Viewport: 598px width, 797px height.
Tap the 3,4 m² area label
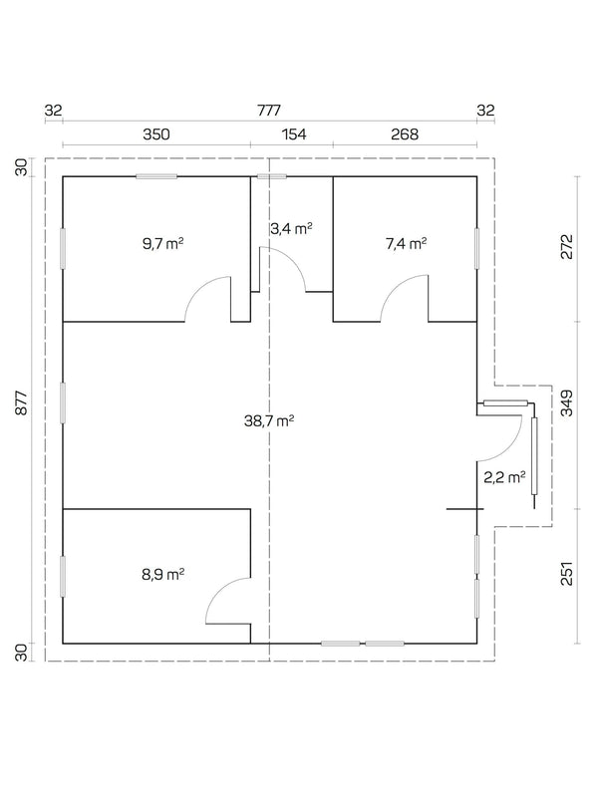click(x=291, y=228)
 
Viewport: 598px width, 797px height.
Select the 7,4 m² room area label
click(x=406, y=242)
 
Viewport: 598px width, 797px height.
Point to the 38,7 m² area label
click(x=269, y=421)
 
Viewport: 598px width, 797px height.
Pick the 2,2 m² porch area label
click(x=502, y=477)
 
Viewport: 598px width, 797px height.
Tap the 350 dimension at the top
click(x=156, y=133)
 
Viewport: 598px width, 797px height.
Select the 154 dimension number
click(x=291, y=133)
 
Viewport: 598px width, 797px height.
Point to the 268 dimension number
click(x=404, y=133)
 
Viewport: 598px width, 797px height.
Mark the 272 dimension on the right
click(x=567, y=247)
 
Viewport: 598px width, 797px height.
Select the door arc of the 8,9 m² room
click(x=225, y=601)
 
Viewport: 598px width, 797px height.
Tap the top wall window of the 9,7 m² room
click(x=156, y=177)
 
